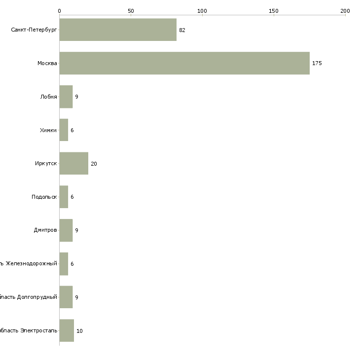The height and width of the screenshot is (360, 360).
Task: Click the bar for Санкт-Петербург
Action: [118, 30]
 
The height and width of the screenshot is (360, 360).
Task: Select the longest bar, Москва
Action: [184, 63]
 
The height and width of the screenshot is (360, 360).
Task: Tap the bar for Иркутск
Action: [74, 163]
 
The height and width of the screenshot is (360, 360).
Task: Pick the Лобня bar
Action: [66, 97]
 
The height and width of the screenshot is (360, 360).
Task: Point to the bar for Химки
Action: [64, 130]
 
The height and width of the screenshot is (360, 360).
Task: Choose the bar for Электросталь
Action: [67, 330]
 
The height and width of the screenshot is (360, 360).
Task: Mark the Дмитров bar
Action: [66, 230]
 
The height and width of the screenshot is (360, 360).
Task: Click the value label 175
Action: [317, 63]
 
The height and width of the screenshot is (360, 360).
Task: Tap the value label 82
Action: [182, 30]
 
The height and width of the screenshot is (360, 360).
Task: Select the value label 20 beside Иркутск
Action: [94, 164]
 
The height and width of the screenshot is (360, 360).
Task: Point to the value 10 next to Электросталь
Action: [79, 330]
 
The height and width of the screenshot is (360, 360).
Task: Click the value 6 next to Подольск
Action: [72, 197]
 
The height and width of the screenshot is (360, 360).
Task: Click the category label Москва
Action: [47, 63]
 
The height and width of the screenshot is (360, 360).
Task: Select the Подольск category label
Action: [44, 197]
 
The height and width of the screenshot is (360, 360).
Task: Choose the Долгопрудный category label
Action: [30, 297]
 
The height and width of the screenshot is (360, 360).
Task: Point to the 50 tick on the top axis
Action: [131, 10]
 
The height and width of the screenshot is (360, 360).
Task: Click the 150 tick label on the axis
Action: [274, 10]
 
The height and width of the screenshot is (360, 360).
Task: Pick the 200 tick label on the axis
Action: [345, 10]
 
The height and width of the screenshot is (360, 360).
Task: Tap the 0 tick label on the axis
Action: [59, 10]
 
